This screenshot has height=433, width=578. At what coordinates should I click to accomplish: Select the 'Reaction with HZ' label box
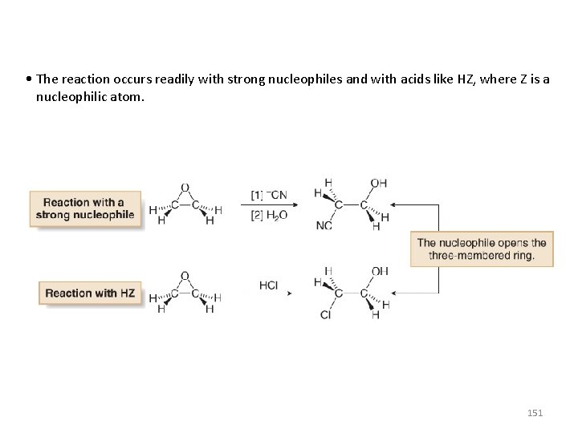89,293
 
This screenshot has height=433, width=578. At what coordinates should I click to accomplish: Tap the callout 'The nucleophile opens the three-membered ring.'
481,249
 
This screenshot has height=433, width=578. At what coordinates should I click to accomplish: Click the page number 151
534,412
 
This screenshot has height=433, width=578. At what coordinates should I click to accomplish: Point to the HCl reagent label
269,284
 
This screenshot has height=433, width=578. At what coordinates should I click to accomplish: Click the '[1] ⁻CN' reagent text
269,195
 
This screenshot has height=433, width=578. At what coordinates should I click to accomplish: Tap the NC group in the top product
324,226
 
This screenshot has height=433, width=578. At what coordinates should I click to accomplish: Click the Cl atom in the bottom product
325,315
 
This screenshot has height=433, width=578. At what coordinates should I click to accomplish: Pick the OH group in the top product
379,183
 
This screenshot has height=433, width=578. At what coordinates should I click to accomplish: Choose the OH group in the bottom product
379,272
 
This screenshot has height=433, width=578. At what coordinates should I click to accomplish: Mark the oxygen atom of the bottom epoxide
185,276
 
